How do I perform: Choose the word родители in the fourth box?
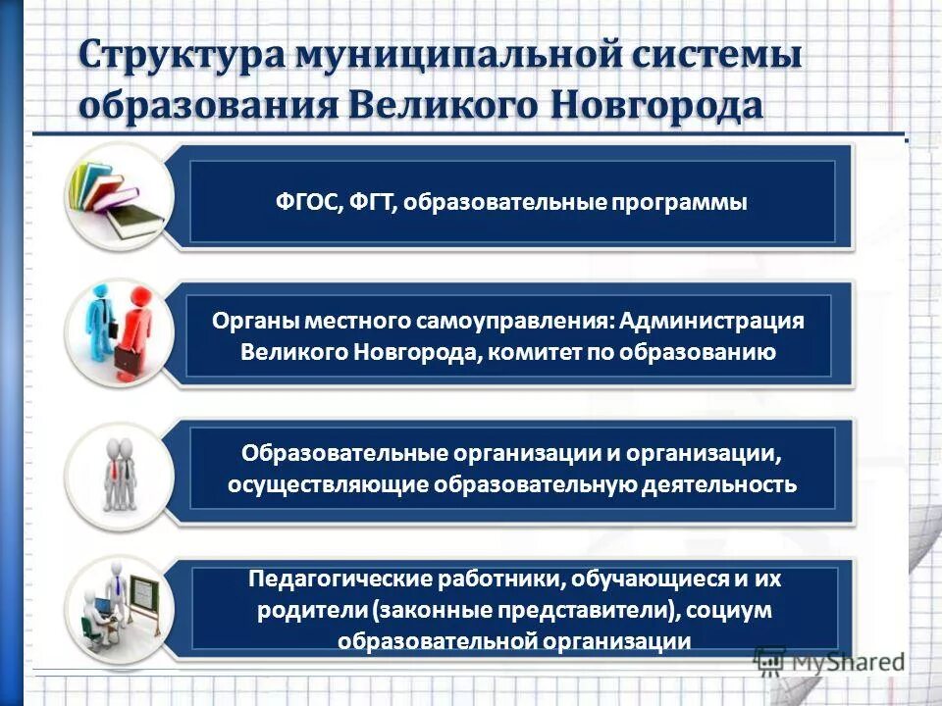click(x=312, y=610)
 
